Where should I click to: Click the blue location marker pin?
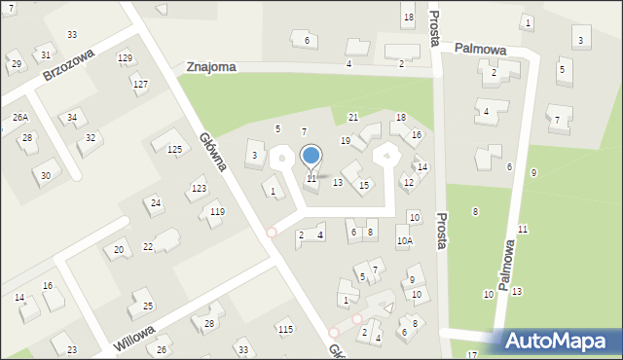point(311,156)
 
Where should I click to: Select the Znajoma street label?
point(211,66)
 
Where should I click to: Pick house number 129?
point(125,58)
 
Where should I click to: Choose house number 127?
point(140,84)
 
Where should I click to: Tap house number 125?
point(174,149)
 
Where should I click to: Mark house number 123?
point(199,188)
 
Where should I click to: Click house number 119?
point(217,211)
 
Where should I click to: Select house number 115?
point(284,330)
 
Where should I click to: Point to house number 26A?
point(19,117)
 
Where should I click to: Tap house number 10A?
point(404,240)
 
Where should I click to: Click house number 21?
point(352,117)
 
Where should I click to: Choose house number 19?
point(345,141)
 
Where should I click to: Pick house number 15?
point(364,185)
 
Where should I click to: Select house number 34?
point(71,118)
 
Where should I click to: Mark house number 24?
point(155,202)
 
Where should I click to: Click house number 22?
point(147,246)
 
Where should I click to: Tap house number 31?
point(45,54)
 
